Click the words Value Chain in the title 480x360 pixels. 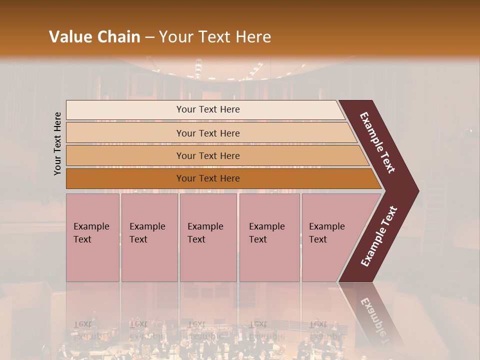94,37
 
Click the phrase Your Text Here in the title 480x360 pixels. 215,37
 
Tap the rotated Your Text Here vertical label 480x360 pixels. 57,143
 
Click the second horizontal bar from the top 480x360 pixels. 207,133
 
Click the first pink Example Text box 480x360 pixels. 92,237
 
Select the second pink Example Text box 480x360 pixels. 149,237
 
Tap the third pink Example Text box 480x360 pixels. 208,237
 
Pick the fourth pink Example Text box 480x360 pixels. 269,237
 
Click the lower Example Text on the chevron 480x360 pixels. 379,236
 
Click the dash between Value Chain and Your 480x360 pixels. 149,37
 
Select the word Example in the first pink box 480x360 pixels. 91,226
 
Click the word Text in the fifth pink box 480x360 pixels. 317,239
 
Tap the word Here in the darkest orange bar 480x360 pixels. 229,178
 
